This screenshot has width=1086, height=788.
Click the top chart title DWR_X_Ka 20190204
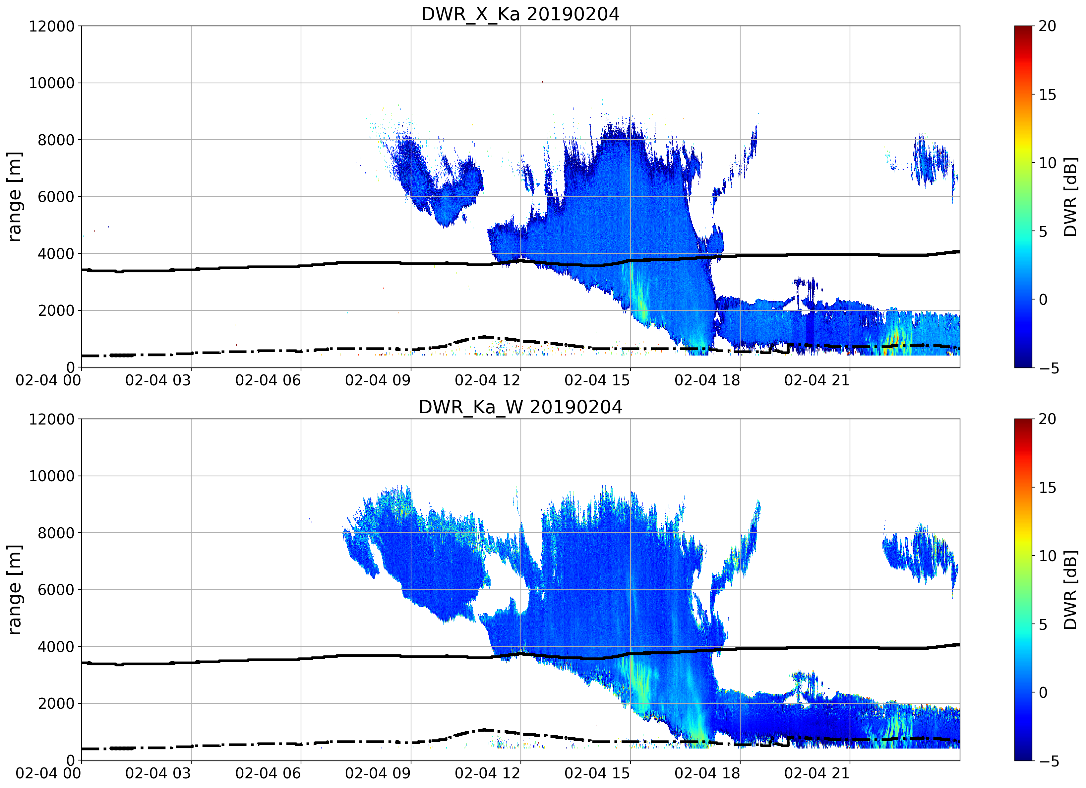coord(520,14)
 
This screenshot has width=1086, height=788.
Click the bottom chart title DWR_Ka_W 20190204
coord(520,407)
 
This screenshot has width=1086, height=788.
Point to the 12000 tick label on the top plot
coord(52,26)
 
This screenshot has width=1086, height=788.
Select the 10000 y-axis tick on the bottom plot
coord(52,476)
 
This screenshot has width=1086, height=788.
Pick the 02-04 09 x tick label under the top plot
coord(378,380)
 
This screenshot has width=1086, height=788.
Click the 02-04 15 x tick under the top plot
coord(597,380)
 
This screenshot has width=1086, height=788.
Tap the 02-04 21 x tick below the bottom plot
coord(817,773)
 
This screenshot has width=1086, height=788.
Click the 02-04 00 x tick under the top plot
coord(48,380)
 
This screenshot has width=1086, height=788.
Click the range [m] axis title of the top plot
coord(14,197)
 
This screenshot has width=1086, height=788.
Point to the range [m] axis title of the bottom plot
coord(14,590)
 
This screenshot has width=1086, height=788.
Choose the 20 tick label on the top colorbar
coord(1047,26)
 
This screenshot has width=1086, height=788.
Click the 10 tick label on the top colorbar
coord(1047,164)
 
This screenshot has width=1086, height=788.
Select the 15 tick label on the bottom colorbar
coord(1047,488)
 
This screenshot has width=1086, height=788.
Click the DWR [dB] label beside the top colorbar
coord(1071,197)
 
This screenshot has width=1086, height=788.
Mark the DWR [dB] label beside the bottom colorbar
coord(1071,590)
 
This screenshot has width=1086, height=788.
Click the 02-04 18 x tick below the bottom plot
coord(707,773)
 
